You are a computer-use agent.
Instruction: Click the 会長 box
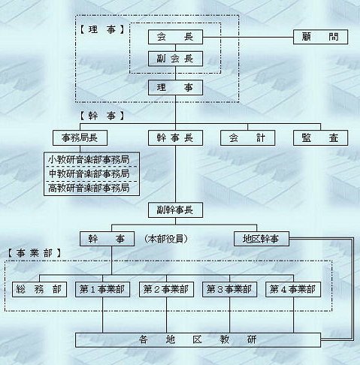coord(175,37)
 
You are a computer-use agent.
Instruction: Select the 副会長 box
coord(175,59)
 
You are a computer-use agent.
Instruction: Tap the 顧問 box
coord(320,37)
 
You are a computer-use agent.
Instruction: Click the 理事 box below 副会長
coord(175,88)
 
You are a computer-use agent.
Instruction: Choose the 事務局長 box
coord(80,138)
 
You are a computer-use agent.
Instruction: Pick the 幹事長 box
coord(175,138)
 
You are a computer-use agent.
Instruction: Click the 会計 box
coord(247,138)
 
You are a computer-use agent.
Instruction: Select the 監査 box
coord(320,138)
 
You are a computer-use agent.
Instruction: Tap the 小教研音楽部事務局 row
coord(92,159)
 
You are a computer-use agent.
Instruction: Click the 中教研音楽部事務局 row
coord(92,174)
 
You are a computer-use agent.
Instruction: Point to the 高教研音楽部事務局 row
coord(92,189)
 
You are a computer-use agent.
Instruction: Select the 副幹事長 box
coord(175,210)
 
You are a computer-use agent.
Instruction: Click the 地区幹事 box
coord(262,239)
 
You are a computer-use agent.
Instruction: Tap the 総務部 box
coord(39,290)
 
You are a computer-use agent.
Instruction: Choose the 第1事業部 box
coord(102,290)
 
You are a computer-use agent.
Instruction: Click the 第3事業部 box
coord(230,290)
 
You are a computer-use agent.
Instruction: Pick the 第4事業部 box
coord(293,290)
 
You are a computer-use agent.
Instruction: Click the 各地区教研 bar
coord(198,340)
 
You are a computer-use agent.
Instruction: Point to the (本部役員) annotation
coord(166,239)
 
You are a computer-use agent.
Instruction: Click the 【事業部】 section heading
coord(34,253)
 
